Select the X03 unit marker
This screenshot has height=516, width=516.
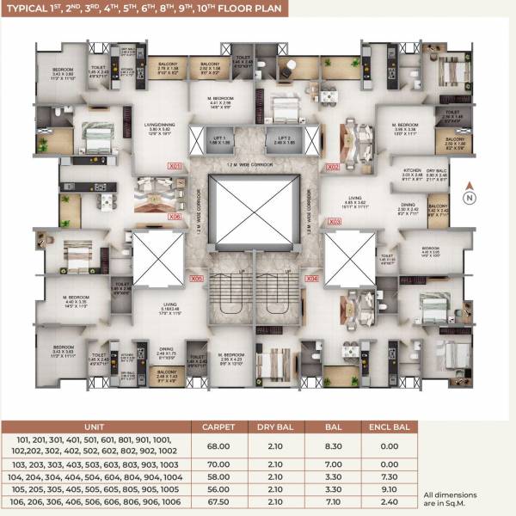[x=335, y=222]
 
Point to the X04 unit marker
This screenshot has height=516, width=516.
[x=313, y=279]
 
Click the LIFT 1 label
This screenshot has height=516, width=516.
[x=220, y=138]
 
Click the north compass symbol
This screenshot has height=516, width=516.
[x=470, y=198]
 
